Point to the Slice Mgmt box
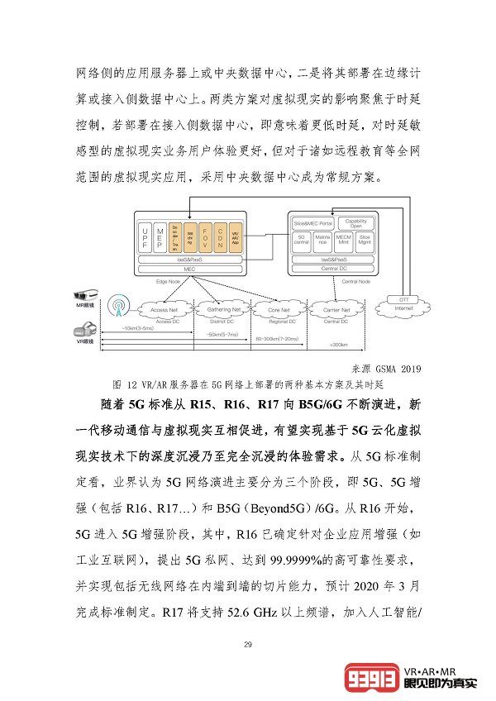click(365, 241)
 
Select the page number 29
click(247, 645)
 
